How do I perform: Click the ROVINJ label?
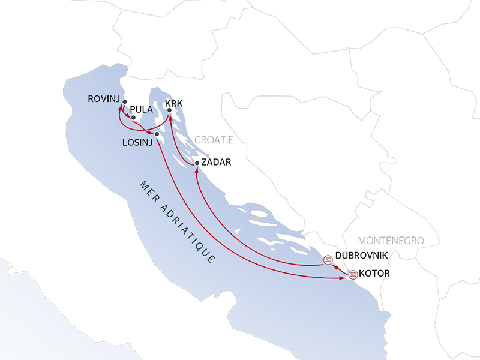pyautogui.click(x=103, y=98)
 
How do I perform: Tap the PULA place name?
pyautogui.click(x=141, y=110)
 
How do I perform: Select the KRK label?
pyautogui.click(x=173, y=103)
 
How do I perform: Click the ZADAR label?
pyautogui.click(x=216, y=162)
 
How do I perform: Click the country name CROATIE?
pyautogui.click(x=214, y=139)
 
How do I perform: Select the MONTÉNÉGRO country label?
pyautogui.click(x=391, y=240)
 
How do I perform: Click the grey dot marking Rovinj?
pyautogui.click(x=125, y=101)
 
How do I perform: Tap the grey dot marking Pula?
pyautogui.click(x=133, y=118)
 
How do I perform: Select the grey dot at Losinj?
pyautogui.click(x=157, y=134)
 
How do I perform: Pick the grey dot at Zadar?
pyautogui.click(x=197, y=163)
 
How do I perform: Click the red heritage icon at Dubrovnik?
pyautogui.click(x=328, y=260)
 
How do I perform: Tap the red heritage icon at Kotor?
pyautogui.click(x=353, y=275)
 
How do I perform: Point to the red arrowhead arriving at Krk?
pyautogui.click(x=169, y=116)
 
